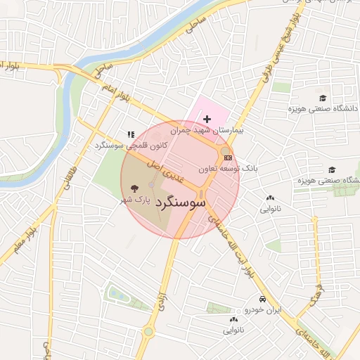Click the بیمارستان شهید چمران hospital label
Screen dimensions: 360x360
(211, 131)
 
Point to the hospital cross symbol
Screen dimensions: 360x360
(207, 120)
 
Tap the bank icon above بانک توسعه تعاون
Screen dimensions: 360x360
(227, 157)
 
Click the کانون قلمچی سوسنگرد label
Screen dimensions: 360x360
(124, 145)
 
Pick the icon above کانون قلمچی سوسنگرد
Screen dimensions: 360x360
(130, 134)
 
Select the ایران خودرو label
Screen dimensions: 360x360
(262, 309)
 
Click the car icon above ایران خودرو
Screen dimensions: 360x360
(262, 298)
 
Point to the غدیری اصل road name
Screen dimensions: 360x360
(162, 169)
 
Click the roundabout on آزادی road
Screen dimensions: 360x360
(149, 332)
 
